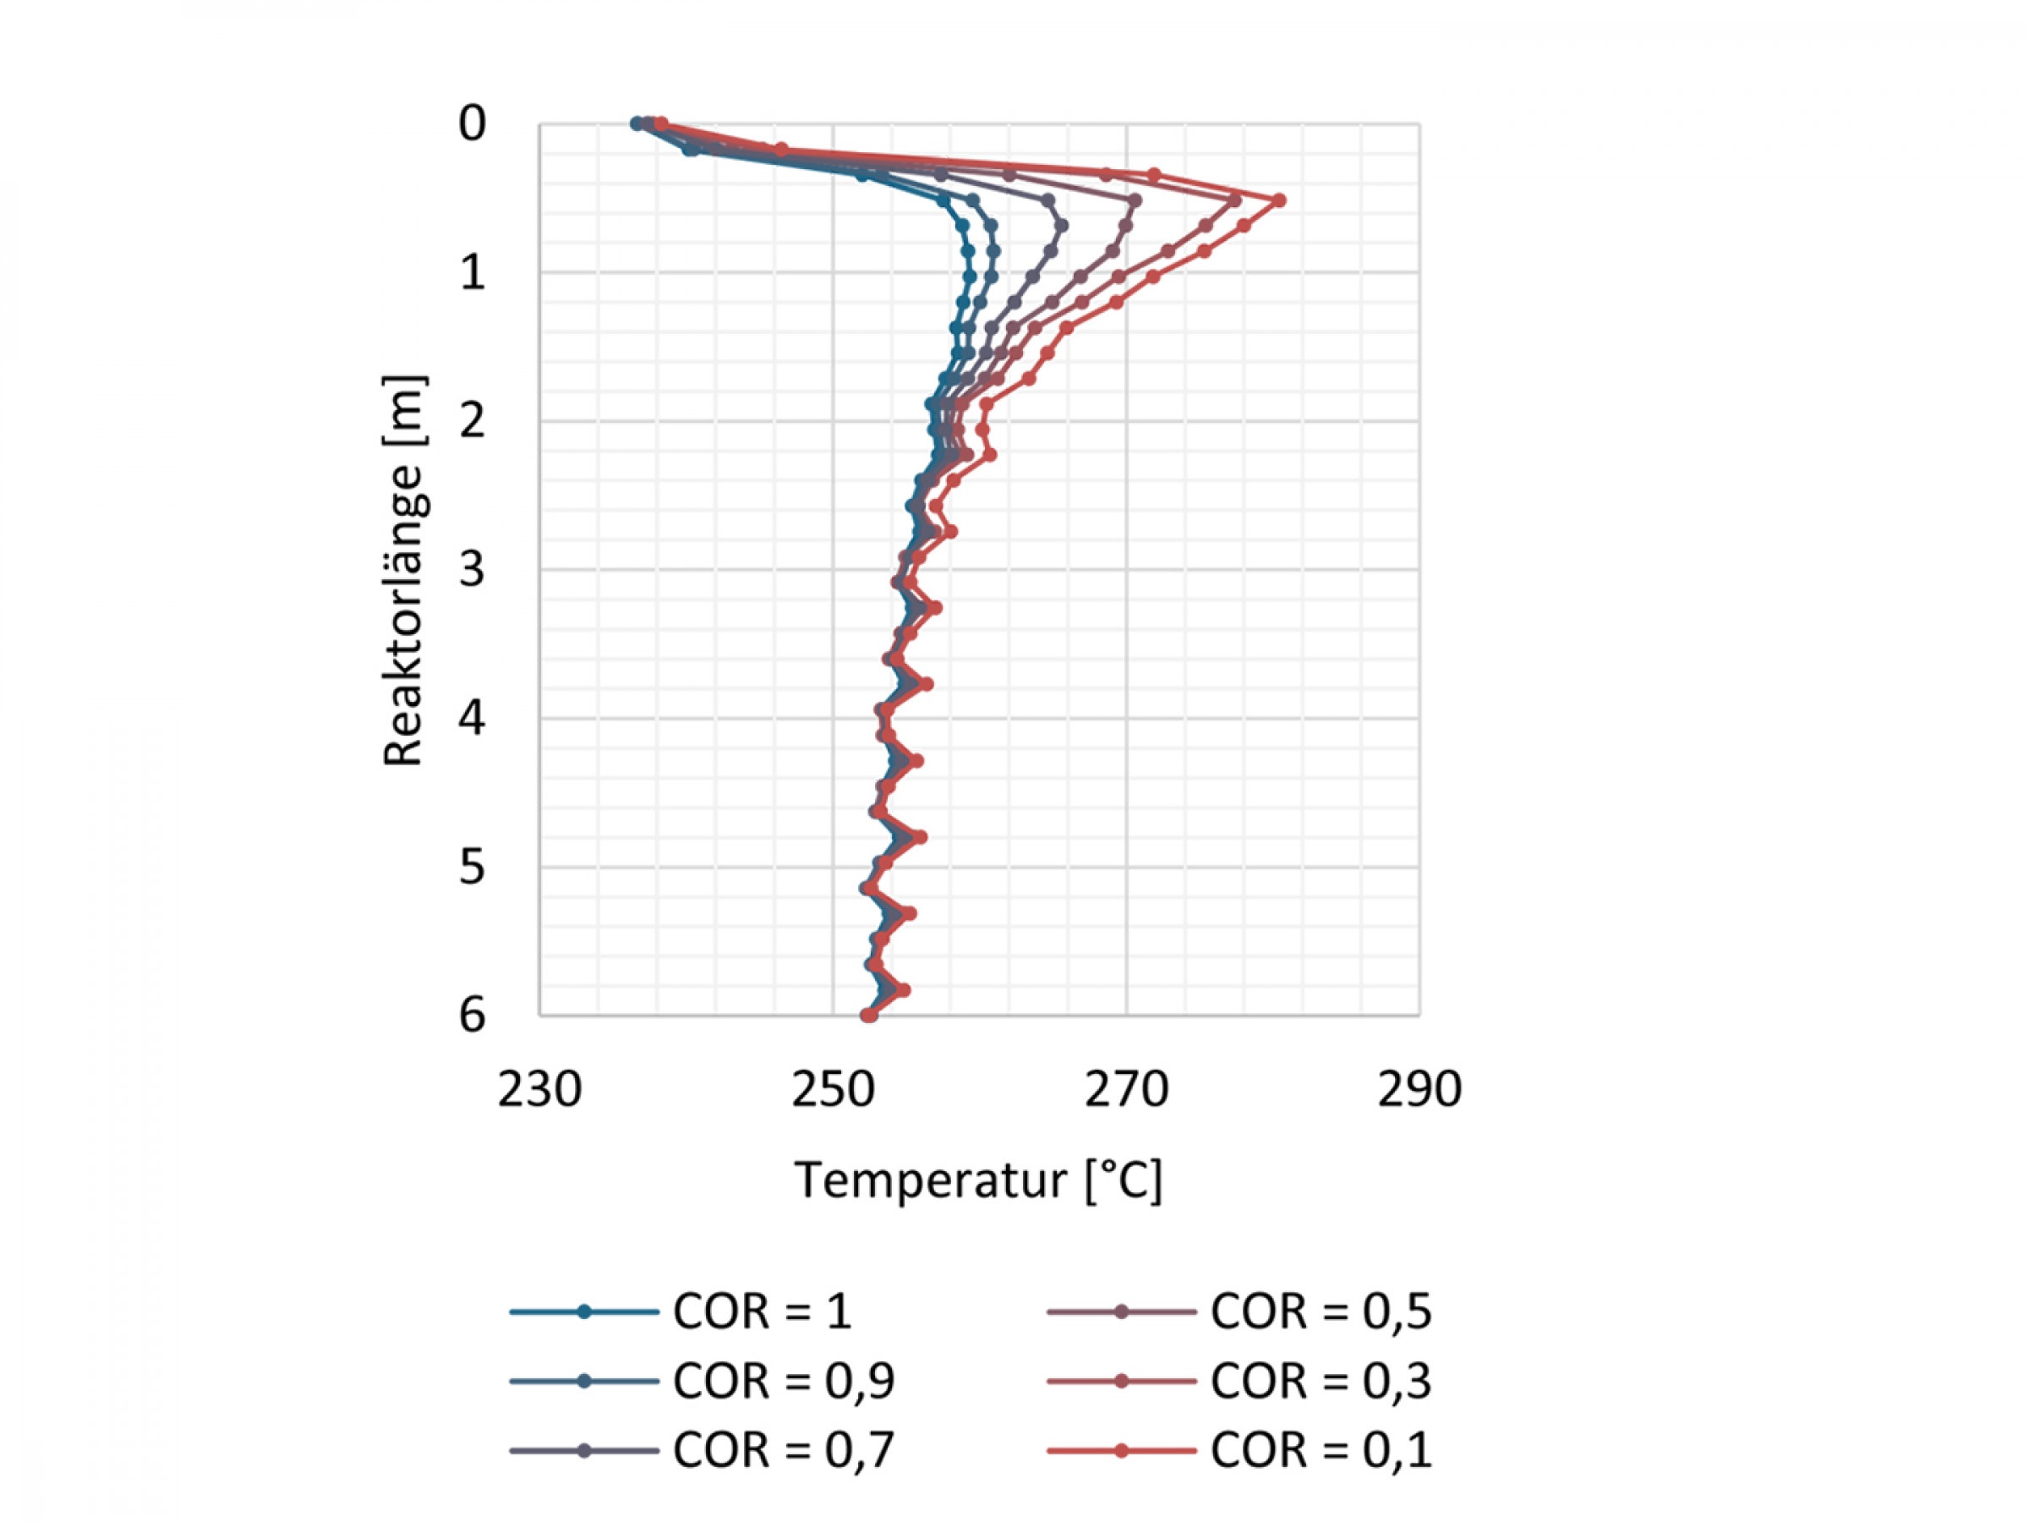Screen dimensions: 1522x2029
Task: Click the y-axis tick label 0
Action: pos(472,123)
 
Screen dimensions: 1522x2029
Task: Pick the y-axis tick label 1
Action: pos(472,272)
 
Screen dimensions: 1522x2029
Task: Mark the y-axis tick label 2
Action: pos(472,422)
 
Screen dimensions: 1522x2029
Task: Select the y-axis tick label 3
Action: pos(472,571)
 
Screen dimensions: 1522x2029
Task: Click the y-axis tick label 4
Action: pos(472,720)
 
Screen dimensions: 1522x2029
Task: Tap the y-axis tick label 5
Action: pos(472,868)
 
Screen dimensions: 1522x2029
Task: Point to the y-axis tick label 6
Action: pos(472,1016)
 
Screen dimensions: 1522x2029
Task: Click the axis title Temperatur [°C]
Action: pos(979,1180)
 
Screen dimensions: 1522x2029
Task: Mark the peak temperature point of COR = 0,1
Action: pos(1278,200)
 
